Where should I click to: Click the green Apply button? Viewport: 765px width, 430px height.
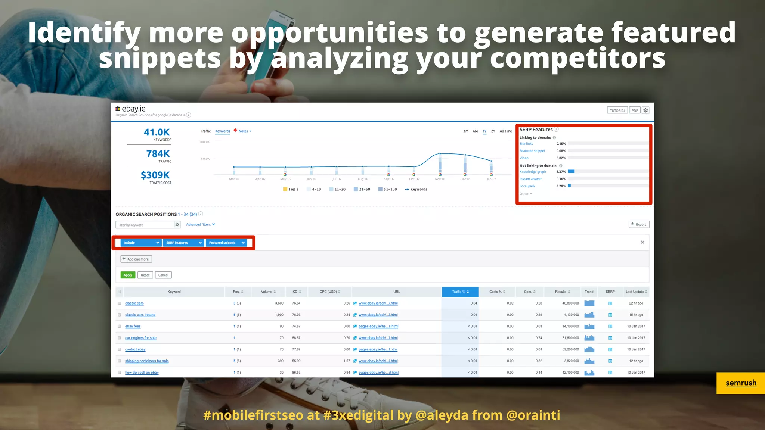[128, 275]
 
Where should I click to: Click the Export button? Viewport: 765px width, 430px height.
[639, 224]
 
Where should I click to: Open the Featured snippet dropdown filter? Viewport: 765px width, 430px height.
[226, 243]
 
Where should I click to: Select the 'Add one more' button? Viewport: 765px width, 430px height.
[136, 259]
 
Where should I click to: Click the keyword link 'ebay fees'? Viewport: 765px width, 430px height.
[133, 326]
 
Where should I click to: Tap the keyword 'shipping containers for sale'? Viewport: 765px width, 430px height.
[147, 361]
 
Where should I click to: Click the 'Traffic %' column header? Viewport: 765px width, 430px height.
[460, 292]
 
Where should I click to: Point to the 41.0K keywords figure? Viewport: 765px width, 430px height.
[157, 133]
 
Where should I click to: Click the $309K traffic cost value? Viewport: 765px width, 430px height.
[155, 175]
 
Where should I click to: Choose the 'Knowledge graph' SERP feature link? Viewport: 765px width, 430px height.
[533, 172]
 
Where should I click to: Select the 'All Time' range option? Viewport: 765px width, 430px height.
[506, 131]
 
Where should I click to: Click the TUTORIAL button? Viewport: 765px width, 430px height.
[617, 110]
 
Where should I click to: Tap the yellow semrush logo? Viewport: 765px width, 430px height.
[741, 383]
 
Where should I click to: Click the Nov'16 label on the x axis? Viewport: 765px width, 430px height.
[440, 179]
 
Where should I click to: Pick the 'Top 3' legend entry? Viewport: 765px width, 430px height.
[291, 189]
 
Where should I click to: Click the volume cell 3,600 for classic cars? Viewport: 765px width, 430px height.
[279, 303]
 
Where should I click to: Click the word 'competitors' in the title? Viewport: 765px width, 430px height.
[577, 59]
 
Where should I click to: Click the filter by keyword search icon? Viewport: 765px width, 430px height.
[177, 225]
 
